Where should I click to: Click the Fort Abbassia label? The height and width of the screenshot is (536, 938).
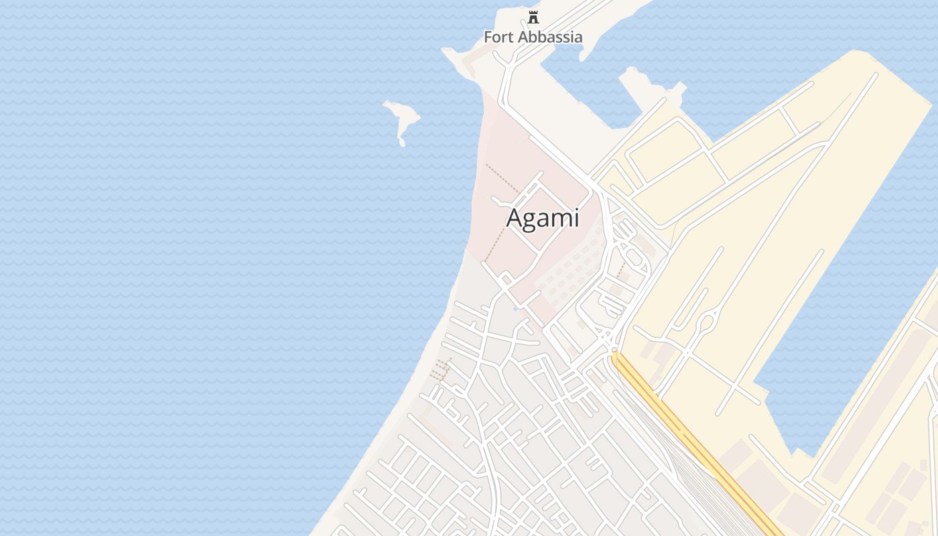click(533, 37)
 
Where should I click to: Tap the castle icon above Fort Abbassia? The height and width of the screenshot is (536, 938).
click(533, 17)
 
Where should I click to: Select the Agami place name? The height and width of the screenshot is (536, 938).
click(542, 218)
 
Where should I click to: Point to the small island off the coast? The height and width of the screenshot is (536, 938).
click(401, 119)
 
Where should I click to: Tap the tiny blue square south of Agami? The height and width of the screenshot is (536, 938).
click(515, 309)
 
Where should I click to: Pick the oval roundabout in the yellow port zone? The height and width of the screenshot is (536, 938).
click(706, 324)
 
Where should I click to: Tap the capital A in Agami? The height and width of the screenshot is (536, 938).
click(514, 218)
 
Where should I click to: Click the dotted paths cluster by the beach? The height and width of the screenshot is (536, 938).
click(440, 369)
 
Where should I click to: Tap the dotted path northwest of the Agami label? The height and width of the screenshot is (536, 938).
click(501, 178)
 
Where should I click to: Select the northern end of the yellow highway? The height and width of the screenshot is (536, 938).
click(615, 356)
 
